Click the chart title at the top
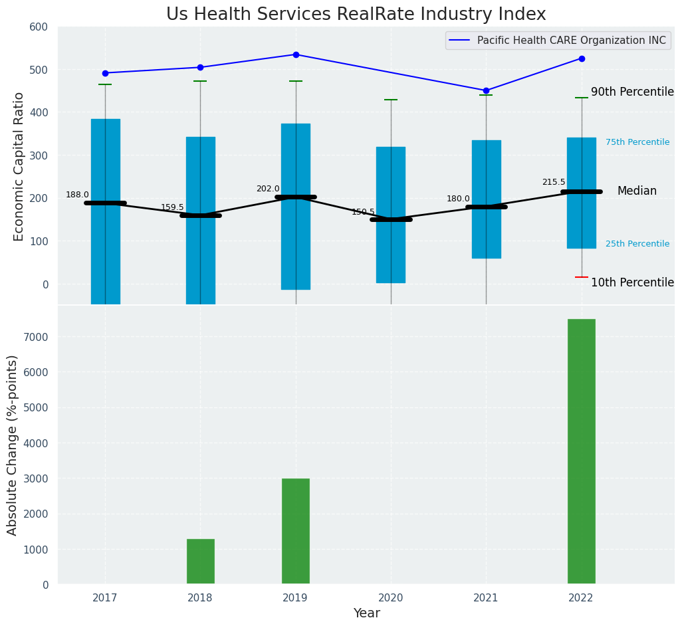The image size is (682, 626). pos(356,15)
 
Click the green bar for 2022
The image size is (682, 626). pos(581,451)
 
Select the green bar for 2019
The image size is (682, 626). pos(295,531)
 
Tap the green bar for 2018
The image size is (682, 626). pos(200,562)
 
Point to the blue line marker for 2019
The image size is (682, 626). pos(296,54)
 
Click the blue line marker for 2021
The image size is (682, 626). pos(486,90)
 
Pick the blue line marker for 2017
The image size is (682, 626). pos(105,73)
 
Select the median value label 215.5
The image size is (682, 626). pos(553,182)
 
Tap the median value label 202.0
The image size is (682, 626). pos(268,189)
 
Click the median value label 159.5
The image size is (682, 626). pos(172,207)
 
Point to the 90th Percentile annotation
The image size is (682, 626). pos(631,92)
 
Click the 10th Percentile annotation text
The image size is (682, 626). pos(631,282)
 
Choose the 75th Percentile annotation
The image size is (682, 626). pos(637,142)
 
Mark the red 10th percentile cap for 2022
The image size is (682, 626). pos(581,277)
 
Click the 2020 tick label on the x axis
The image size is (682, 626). pos(391,598)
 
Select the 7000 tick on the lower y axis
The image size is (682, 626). pos(37,337)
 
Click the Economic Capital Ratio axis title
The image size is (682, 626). pos(19,166)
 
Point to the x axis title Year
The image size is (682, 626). pos(366,613)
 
